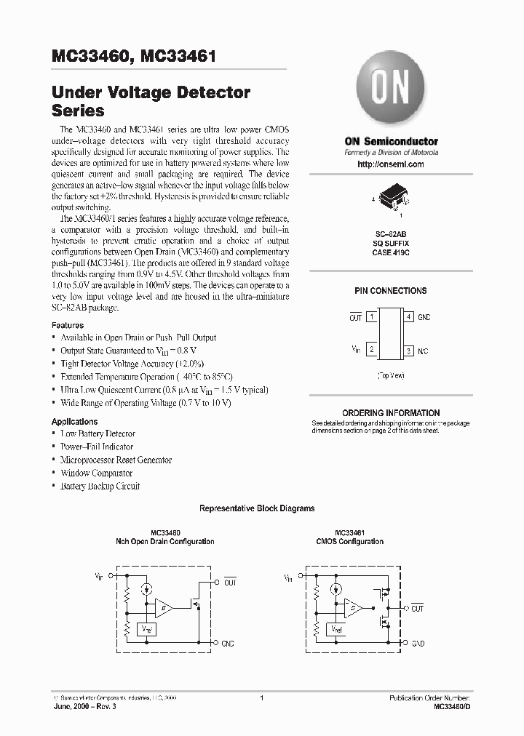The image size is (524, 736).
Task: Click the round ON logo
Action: tap(390, 90)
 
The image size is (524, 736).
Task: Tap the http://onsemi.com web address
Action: tap(391, 164)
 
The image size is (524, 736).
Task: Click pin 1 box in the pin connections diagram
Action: tap(372, 317)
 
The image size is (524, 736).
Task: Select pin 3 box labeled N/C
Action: tap(409, 351)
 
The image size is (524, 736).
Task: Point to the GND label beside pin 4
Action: tap(424, 317)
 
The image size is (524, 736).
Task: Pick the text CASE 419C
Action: tap(391, 252)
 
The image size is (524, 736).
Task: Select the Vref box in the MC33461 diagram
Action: tap(337, 628)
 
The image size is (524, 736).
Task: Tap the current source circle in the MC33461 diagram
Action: tap(336, 590)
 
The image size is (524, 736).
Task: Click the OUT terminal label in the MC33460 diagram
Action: tap(230, 582)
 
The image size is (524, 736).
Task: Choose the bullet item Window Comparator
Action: tap(96, 473)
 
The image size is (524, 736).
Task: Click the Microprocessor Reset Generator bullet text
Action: tap(116, 460)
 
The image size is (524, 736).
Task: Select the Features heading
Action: tap(67, 325)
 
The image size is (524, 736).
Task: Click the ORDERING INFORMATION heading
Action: tap(391, 412)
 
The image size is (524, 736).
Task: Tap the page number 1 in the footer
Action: tap(261, 698)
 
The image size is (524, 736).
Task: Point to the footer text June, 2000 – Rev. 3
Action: tap(84, 706)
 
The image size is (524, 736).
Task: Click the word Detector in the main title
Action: tap(210, 93)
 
